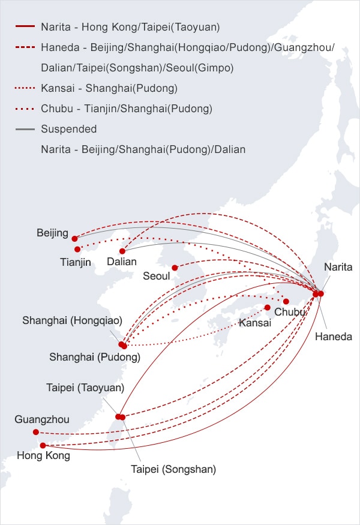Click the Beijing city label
coord(52,233)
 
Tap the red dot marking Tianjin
coord(77,249)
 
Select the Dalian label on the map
coord(122,262)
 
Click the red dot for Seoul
coord(175,268)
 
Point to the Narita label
coord(338,267)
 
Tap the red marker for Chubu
coord(286,301)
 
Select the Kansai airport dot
coord(268,307)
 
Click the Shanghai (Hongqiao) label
coord(72,320)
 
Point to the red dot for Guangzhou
coord(36,432)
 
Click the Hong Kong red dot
coord(43,445)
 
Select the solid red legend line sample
coord(25,27)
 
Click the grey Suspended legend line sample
coord(25,129)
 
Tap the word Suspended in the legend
coord(68,129)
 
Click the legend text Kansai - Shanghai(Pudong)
coord(109,88)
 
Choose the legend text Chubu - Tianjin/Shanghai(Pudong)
coord(127,109)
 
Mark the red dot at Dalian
coord(122,251)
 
